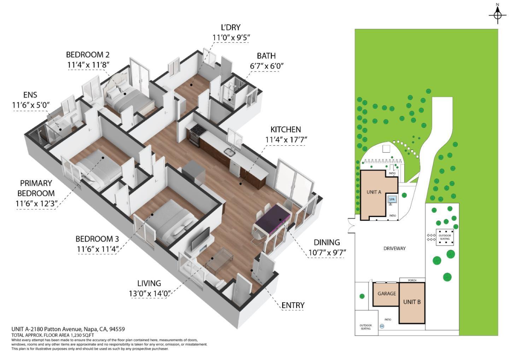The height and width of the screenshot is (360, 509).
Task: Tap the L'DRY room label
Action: point(230,27)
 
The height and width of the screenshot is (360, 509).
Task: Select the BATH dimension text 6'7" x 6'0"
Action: point(267,66)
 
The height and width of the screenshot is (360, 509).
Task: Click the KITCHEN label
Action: point(286,129)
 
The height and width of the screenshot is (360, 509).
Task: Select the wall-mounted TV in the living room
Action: point(200,239)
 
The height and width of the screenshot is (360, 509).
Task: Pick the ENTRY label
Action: point(293,305)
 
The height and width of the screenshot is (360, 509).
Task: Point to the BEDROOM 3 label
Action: point(97,239)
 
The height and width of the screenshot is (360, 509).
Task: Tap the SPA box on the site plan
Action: point(392,199)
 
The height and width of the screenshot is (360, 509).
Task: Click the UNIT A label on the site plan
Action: point(374,192)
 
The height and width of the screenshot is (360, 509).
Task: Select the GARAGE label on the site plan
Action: point(386,294)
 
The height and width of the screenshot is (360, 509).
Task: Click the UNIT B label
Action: point(412,302)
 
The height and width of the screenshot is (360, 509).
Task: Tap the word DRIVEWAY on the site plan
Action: point(394,248)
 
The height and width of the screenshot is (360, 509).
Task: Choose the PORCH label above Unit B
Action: point(412,280)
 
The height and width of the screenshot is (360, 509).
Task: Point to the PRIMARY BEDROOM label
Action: point(36,188)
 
